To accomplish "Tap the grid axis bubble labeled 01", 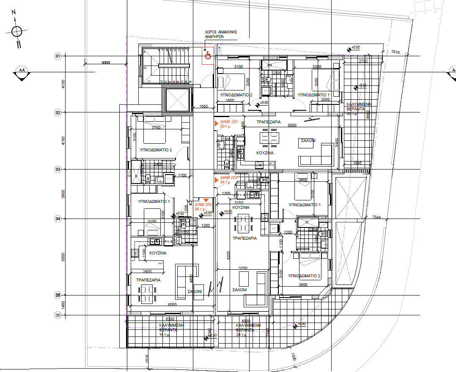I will point(58,56).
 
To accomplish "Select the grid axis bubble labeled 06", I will point(58,315).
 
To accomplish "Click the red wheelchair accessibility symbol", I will point(207,55).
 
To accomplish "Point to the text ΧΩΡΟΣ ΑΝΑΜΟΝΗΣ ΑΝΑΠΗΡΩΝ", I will point(220,34).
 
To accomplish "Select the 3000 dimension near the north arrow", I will point(105,63).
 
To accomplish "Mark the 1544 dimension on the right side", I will point(377,217).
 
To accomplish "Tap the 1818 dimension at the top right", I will point(396,52).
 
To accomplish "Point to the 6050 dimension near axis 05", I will point(172,304).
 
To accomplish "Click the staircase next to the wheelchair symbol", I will point(166,66).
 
